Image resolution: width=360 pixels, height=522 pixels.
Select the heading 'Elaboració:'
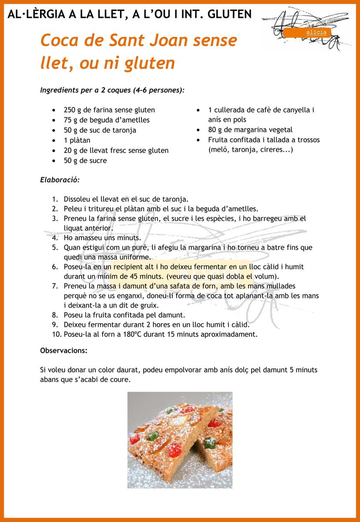(60, 179)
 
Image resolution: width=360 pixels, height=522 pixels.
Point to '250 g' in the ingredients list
(72, 110)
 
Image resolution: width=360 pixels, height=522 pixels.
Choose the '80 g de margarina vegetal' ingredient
(250, 130)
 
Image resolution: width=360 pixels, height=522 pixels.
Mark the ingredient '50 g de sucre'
(85, 161)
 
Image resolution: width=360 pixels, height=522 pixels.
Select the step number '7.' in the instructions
(55, 286)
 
